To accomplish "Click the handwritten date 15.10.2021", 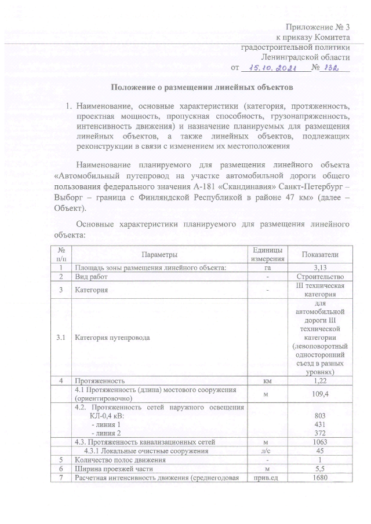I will click(270, 68).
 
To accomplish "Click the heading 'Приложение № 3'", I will click(318, 27).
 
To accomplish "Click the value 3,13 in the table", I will click(320, 267).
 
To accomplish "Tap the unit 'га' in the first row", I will click(267, 267).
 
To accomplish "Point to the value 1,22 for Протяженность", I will click(320, 381).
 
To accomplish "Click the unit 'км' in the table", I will click(267, 381).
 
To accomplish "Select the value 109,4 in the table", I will click(320, 394).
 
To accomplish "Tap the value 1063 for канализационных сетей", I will click(320, 442).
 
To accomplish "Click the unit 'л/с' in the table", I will click(267, 451).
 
